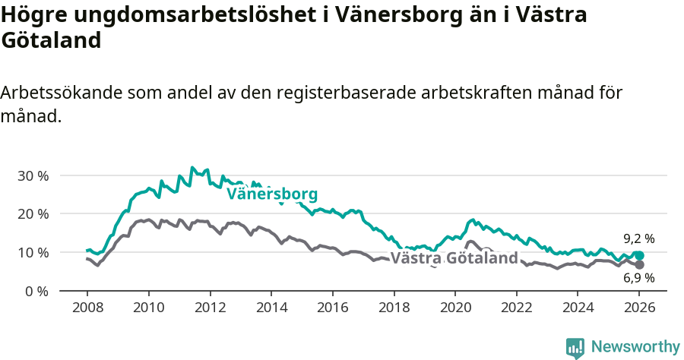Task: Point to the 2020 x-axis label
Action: click(x=454, y=308)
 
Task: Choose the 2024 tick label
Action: click(x=578, y=308)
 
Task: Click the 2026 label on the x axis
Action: click(x=639, y=308)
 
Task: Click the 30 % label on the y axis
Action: click(x=33, y=175)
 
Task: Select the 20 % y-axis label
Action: click(x=33, y=213)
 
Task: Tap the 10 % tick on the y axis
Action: click(x=33, y=252)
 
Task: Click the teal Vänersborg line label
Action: click(x=271, y=194)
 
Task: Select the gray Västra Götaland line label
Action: click(x=454, y=258)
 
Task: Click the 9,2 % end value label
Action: click(x=638, y=238)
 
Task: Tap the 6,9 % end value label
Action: click(x=638, y=278)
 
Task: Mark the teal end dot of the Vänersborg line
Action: click(x=639, y=256)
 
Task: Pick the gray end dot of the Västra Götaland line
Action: click(x=639, y=264)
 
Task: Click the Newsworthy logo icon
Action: click(x=575, y=347)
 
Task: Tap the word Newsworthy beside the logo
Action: click(x=635, y=347)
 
